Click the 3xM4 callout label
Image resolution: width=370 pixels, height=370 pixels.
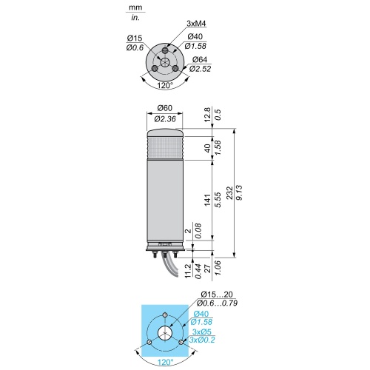pyautogui.click(x=196, y=24)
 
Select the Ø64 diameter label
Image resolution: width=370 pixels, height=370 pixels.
pyautogui.click(x=200, y=59)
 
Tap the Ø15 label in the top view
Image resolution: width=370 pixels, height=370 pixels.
pyautogui.click(x=135, y=38)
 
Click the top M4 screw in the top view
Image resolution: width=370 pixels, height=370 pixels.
pyautogui.click(x=165, y=51)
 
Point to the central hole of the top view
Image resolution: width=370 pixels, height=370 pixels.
pyautogui.click(x=164, y=62)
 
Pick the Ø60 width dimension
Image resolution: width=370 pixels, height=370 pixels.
pyautogui.click(x=165, y=108)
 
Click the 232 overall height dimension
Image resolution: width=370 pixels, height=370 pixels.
pyautogui.click(x=229, y=193)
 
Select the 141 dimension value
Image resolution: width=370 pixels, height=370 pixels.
pyautogui.click(x=207, y=200)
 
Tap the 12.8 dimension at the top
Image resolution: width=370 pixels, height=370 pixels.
pyautogui.click(x=207, y=114)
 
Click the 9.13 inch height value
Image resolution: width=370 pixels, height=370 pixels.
pyautogui.click(x=240, y=193)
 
